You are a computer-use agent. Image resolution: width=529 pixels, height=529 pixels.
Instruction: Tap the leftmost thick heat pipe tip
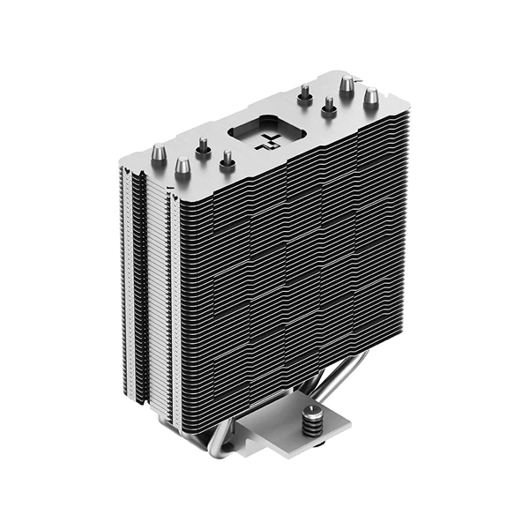pyautogui.click(x=158, y=156)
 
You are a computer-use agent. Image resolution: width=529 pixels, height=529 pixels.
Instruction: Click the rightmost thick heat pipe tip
pyautogui.click(x=371, y=93)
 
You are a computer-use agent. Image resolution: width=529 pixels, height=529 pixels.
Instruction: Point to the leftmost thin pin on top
pyautogui.click(x=204, y=145)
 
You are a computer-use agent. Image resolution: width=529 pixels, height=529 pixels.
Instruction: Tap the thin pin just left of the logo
pyautogui.click(x=227, y=158)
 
